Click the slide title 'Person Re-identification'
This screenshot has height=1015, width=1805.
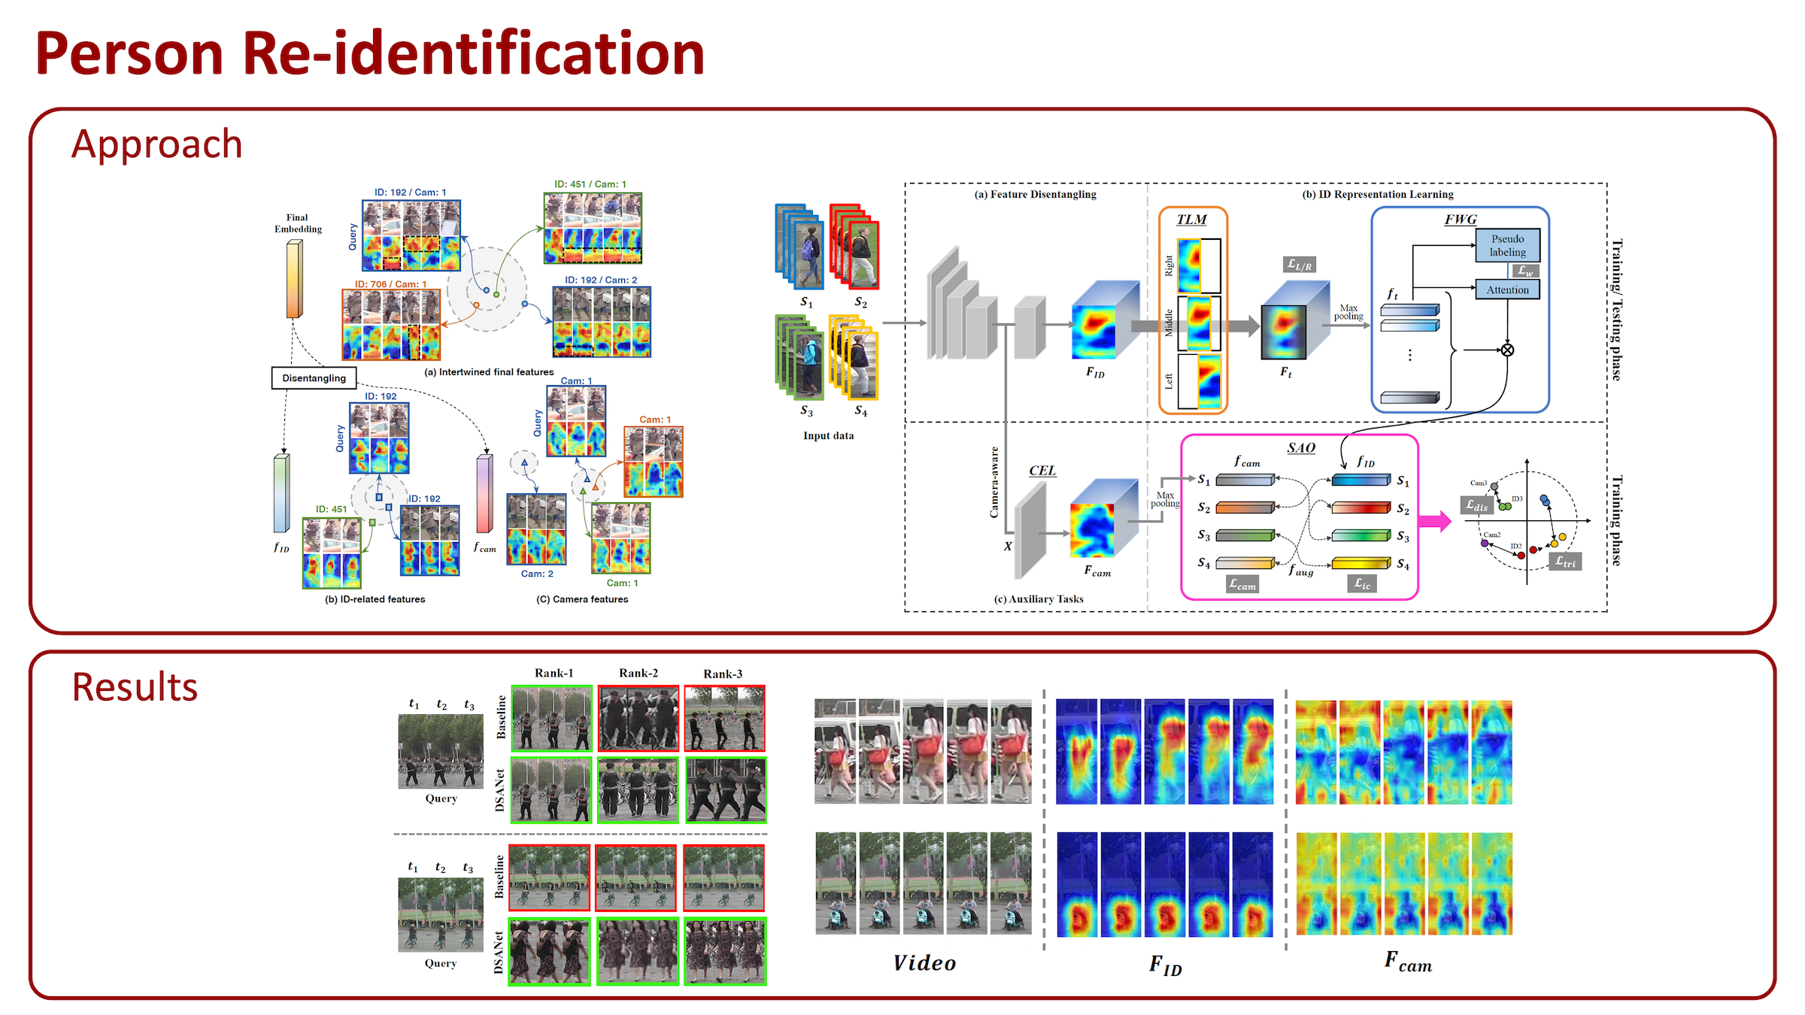click(x=369, y=54)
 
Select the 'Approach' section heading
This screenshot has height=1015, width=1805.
click(x=156, y=144)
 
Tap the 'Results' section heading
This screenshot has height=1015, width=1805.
click(x=135, y=686)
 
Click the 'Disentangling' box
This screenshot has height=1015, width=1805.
click(x=314, y=378)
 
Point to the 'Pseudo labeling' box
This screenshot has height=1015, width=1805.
click(x=1507, y=245)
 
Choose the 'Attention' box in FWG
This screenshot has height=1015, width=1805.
click(x=1507, y=289)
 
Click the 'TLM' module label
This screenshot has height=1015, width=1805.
click(x=1191, y=220)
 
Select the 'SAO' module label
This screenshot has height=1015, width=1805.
click(x=1301, y=448)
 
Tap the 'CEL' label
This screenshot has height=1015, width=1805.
click(x=1042, y=471)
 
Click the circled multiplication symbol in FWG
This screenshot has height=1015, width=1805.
click(x=1507, y=350)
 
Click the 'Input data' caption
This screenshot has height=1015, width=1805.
click(x=828, y=435)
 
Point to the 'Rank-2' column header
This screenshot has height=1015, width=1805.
click(x=638, y=673)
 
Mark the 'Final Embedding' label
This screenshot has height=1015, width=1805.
click(x=298, y=223)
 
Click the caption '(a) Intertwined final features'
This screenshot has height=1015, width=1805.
click(x=489, y=372)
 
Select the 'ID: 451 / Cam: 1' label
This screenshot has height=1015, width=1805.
click(x=590, y=184)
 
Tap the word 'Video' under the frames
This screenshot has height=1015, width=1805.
click(x=924, y=963)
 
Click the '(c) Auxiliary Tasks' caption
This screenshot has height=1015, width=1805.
click(x=1039, y=599)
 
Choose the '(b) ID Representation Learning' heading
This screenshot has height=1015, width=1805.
click(x=1378, y=194)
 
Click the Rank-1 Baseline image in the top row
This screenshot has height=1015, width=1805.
click(x=551, y=718)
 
